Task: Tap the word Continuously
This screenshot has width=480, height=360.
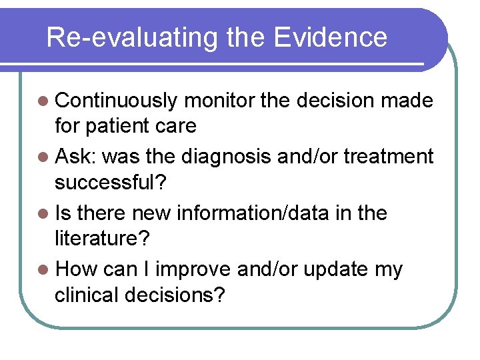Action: click(117, 101)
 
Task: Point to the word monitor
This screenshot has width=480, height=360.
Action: click(219, 101)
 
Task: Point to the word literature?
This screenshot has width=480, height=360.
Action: click(101, 238)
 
